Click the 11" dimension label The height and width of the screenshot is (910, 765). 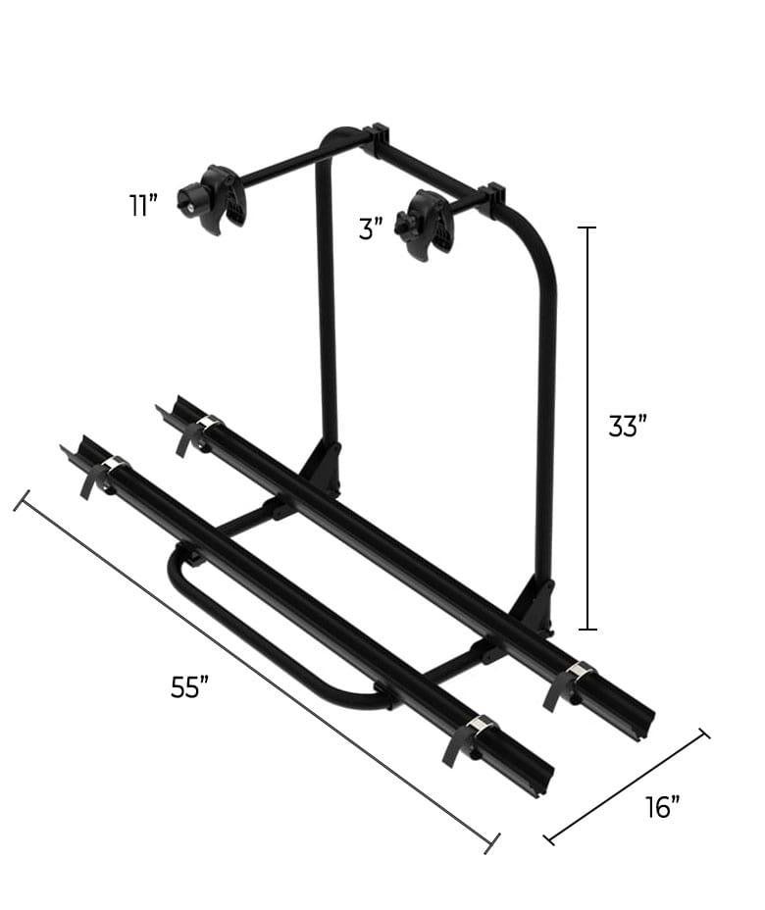tap(142, 206)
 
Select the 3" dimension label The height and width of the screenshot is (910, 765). tap(370, 230)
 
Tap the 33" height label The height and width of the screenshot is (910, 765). tap(628, 427)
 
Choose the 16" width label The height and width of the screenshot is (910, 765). tap(663, 807)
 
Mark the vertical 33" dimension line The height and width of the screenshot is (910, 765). tap(587, 427)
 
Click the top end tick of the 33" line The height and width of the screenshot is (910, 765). tap(587, 227)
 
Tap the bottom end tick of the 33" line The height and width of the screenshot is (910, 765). tap(587, 629)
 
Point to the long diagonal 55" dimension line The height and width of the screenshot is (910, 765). tap(255, 672)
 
